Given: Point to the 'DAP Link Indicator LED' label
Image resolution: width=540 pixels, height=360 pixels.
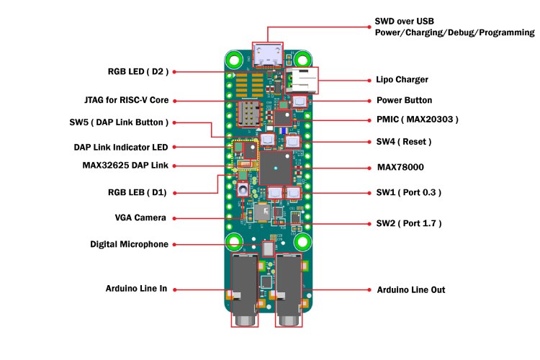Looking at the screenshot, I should tap(120, 147).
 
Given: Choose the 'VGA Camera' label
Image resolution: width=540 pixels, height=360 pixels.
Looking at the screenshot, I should tap(140, 217).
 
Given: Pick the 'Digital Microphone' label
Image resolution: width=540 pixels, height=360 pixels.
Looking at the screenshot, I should tap(129, 244).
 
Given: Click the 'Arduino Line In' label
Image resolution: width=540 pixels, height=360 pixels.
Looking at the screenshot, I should tap(136, 289).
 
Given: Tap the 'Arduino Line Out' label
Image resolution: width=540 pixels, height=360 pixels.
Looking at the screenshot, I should tap(411, 289).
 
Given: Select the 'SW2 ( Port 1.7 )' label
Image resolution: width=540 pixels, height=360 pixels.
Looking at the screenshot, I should tap(409, 224).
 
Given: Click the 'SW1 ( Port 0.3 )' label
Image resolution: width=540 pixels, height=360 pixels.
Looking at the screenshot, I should tap(409, 192).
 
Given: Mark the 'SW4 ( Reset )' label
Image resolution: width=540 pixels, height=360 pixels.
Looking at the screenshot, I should tap(404, 142).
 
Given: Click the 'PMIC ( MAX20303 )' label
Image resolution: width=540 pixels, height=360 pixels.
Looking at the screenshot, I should tap(418, 119).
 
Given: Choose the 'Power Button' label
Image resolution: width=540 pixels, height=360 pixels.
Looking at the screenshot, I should tap(404, 100).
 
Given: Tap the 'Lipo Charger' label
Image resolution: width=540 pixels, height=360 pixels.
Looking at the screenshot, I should tap(402, 79).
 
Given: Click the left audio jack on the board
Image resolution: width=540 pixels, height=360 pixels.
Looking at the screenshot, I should tap(243, 288).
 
